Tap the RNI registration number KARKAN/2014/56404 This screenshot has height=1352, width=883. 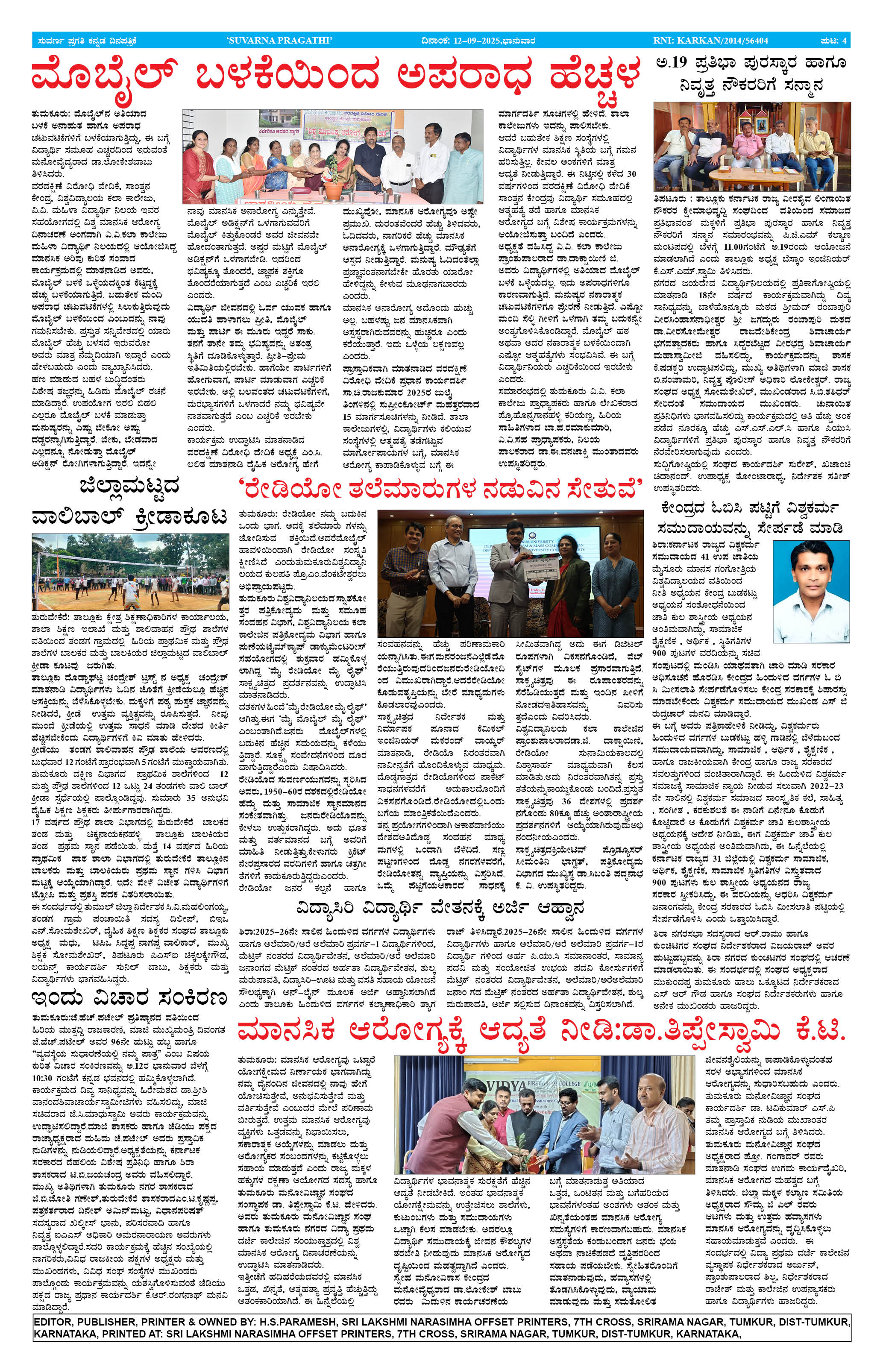coord(710,40)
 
